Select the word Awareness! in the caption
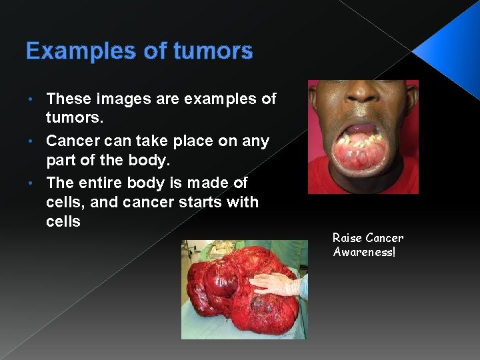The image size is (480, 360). pyautogui.click(x=364, y=252)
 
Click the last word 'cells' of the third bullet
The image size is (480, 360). pyautogui.click(x=63, y=222)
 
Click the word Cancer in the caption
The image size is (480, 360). pyautogui.click(x=385, y=238)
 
